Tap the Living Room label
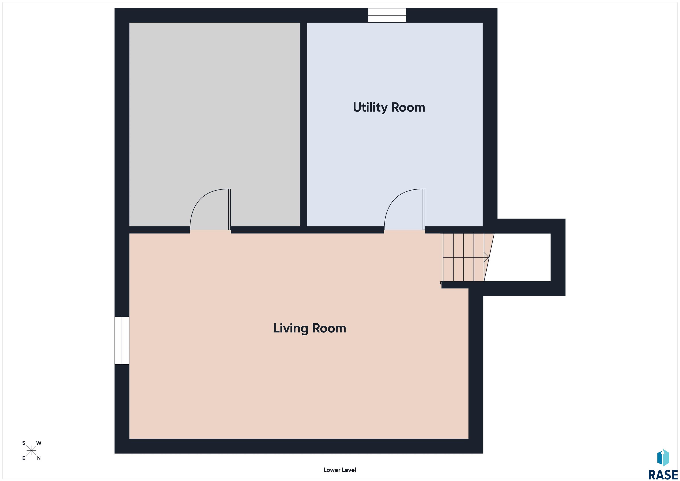(309, 328)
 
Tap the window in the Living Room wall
(122, 340)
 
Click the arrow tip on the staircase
(489, 257)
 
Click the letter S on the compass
(24, 443)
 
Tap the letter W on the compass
(39, 443)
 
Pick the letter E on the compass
(24, 458)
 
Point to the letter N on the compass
(39, 458)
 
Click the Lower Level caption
(340, 470)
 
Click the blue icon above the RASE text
(663, 458)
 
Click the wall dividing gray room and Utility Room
(303, 124)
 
